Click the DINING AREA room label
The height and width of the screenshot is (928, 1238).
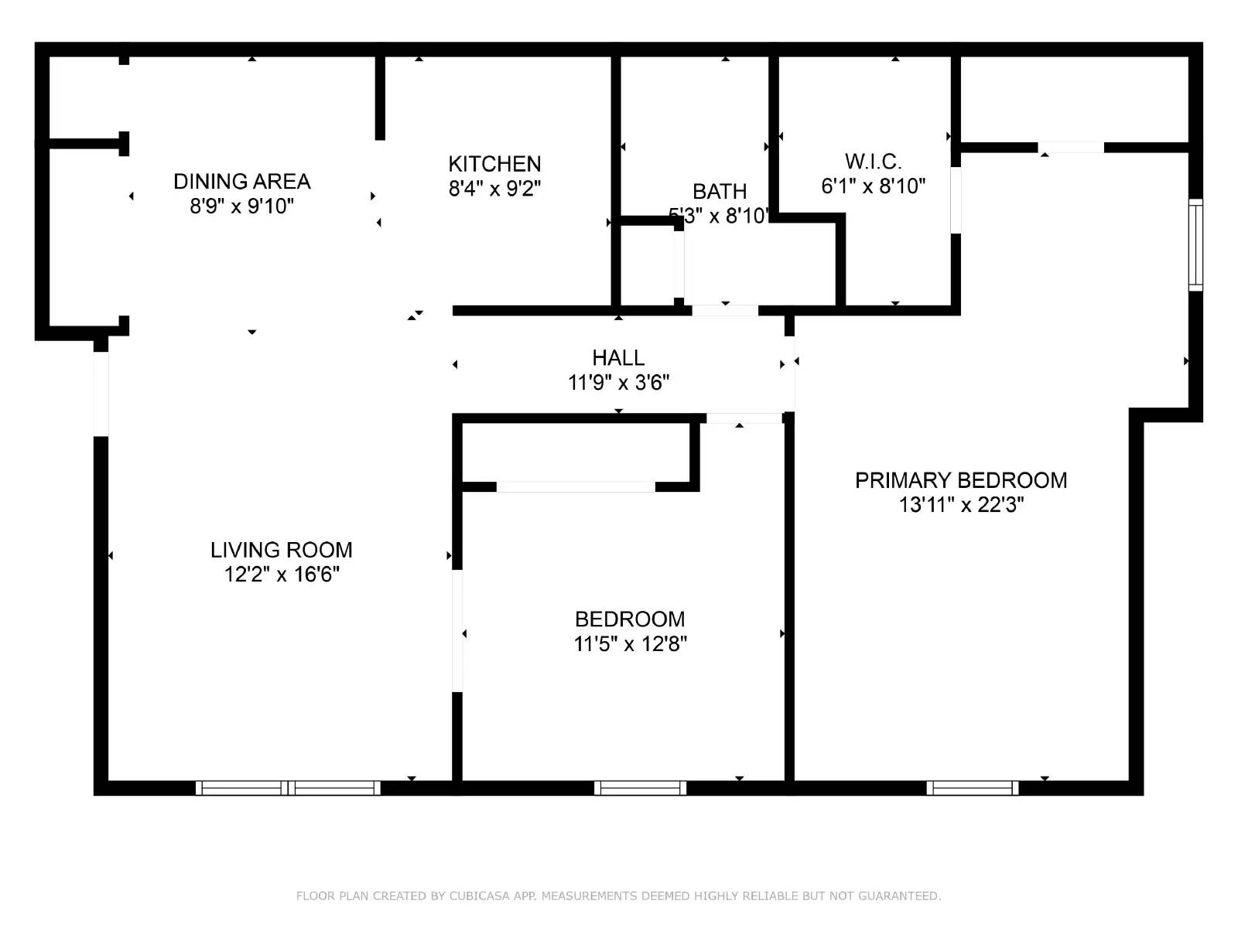point(241,182)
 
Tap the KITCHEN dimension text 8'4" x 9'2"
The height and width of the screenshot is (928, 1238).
point(494,189)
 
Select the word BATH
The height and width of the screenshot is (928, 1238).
point(720,191)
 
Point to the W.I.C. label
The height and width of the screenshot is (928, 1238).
point(873,162)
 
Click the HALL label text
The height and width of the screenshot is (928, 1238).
point(618,358)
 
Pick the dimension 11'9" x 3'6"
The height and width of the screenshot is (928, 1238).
point(618,383)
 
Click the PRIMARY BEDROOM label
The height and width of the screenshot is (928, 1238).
point(960,480)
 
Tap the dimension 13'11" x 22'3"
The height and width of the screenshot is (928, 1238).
point(960,505)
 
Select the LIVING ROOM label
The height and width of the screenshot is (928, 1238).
point(281,550)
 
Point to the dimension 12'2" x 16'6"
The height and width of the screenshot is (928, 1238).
point(281,575)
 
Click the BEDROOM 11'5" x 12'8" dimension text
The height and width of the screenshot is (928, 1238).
point(630,644)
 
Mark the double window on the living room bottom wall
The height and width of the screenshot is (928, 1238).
point(288,788)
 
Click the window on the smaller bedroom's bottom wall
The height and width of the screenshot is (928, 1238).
point(640,788)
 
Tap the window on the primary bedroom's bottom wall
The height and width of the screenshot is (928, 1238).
point(973,788)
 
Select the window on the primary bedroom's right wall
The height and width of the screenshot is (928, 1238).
point(1195,244)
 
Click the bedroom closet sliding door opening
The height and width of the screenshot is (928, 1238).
point(576,486)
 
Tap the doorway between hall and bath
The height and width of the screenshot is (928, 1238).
point(724,310)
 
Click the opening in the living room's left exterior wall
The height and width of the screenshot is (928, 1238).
point(101,394)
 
